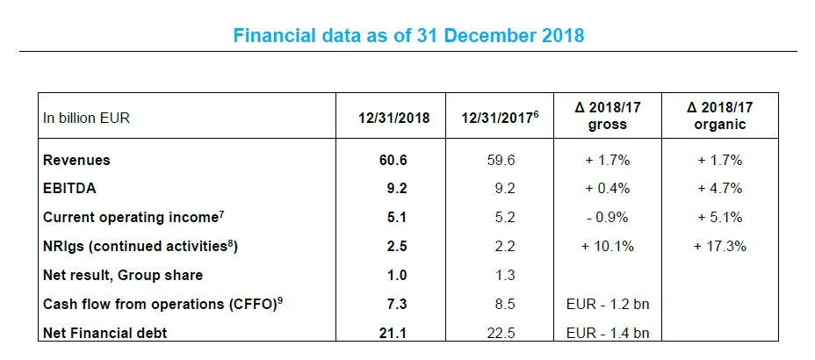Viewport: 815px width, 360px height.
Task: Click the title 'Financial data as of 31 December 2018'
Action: click(408, 36)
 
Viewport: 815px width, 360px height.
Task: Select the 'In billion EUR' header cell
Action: click(85, 118)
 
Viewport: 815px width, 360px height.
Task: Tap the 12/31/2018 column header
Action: click(395, 118)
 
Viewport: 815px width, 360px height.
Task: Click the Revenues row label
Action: click(76, 161)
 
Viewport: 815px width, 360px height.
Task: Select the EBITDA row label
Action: click(69, 189)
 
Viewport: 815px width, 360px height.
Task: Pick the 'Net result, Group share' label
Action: click(122, 275)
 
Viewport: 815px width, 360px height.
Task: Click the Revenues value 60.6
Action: click(395, 161)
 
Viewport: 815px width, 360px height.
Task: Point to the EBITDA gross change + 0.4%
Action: click(606, 189)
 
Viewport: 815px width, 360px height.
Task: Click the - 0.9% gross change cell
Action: click(606, 218)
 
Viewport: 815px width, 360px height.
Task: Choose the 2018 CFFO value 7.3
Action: click(395, 304)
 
